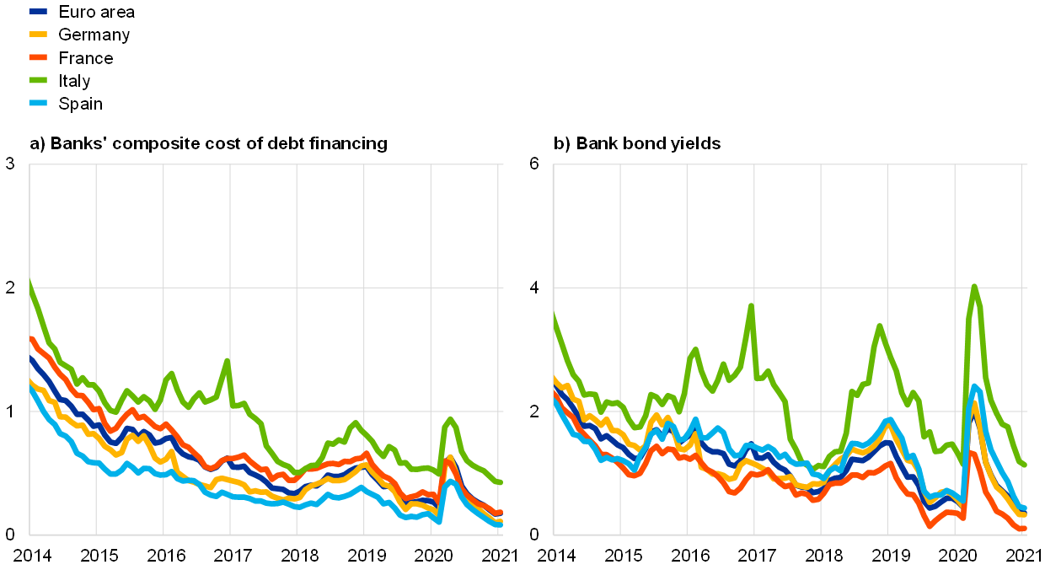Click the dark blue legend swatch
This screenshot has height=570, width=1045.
tap(38, 12)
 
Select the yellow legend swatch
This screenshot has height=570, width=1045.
tap(38, 35)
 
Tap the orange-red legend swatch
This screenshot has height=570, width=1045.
tap(38, 57)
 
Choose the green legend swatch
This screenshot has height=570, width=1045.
tap(38, 80)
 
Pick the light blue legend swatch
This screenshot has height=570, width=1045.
tap(38, 103)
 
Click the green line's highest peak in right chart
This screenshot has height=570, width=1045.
tap(974, 287)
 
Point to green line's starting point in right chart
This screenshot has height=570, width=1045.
tap(554, 315)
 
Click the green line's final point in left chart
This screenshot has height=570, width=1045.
tap(501, 482)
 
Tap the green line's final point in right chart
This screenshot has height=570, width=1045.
tap(1025, 465)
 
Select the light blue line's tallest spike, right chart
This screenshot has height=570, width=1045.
tap(975, 387)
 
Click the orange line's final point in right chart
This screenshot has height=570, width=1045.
tap(1025, 529)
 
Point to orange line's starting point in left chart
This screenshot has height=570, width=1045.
tap(30, 338)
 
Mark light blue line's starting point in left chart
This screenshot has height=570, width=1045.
tap(30, 388)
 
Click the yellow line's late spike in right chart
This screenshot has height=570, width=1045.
tap(974, 403)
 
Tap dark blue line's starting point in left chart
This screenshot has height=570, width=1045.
tap(30, 358)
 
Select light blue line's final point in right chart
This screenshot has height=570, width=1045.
tap(1025, 508)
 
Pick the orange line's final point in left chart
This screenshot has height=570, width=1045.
tap(501, 513)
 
